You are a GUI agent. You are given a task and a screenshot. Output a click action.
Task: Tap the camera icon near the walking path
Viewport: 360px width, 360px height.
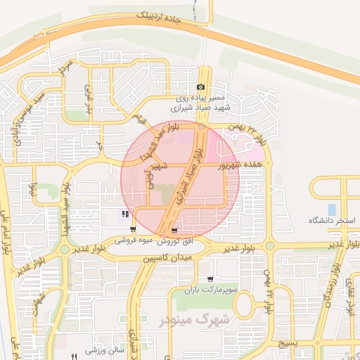(200, 86)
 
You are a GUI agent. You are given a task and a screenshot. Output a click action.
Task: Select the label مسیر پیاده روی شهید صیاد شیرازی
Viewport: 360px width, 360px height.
(192, 103)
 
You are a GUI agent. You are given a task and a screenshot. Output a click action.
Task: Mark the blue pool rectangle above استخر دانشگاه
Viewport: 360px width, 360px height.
(331, 209)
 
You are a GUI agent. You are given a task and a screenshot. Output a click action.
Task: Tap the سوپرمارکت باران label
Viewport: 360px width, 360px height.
(207, 290)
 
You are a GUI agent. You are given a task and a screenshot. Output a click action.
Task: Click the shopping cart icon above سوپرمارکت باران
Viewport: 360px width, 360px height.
(210, 278)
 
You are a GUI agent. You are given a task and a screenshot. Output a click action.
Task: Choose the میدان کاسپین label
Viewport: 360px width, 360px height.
(168, 259)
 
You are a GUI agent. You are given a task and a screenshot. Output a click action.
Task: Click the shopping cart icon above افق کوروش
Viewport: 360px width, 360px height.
(174, 229)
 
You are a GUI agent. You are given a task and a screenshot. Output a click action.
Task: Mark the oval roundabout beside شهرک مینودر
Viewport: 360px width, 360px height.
(244, 304)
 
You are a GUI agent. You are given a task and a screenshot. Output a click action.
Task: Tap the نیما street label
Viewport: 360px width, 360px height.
(33, 192)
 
